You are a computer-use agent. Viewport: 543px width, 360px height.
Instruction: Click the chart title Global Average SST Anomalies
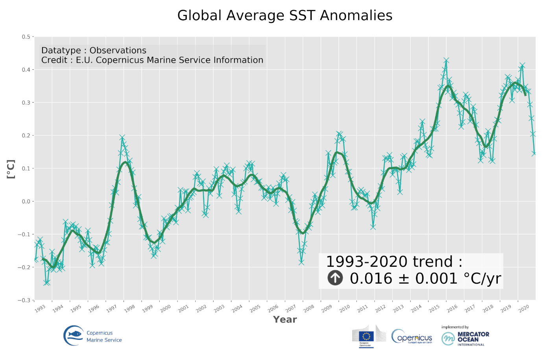tap(284, 16)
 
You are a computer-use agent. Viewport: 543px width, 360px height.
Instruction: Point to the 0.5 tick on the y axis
tap(26, 37)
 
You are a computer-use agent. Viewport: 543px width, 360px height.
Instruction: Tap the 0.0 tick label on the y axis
tap(26, 201)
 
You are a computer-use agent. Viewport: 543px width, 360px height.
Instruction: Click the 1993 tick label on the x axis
tap(40, 309)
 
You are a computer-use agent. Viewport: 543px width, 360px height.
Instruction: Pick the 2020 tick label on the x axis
tap(524, 309)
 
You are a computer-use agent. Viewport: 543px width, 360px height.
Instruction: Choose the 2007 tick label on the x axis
tap(291, 309)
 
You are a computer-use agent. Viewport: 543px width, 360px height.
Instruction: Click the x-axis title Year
tap(285, 319)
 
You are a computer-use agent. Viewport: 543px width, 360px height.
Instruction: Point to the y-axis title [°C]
tap(11, 169)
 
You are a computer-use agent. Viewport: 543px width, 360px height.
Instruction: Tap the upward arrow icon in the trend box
tap(335, 278)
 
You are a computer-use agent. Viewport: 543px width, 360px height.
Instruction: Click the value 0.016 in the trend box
tap(371, 279)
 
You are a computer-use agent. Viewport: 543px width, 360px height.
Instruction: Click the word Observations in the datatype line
tap(118, 50)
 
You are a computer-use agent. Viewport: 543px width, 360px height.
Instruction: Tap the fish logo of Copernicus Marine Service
tap(74, 336)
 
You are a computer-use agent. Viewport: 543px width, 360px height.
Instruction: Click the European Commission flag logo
tap(366, 336)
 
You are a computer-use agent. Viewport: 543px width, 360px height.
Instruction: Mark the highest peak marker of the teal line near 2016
tap(446, 60)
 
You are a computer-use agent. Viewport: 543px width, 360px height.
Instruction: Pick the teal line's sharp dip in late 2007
tap(301, 262)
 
